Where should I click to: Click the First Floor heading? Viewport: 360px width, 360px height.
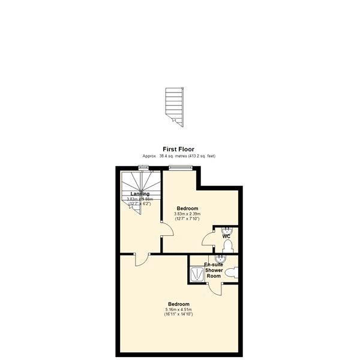pyautogui.click(x=178, y=149)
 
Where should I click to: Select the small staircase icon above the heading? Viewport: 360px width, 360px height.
pyautogui.click(x=175, y=107)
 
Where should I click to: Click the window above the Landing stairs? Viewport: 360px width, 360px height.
pyautogui.click(x=143, y=167)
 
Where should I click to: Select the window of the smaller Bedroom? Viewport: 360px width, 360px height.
pyautogui.click(x=178, y=167)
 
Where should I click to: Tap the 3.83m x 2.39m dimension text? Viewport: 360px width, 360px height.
pyautogui.click(x=187, y=214)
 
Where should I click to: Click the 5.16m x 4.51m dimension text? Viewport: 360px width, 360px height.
pyautogui.click(x=179, y=310)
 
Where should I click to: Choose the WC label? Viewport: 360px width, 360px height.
pyautogui.click(x=226, y=236)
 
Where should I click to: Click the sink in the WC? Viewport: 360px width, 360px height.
pyautogui.click(x=227, y=230)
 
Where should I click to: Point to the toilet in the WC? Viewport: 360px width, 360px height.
pyautogui.click(x=227, y=246)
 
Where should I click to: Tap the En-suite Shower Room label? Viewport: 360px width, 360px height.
pyautogui.click(x=214, y=270)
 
